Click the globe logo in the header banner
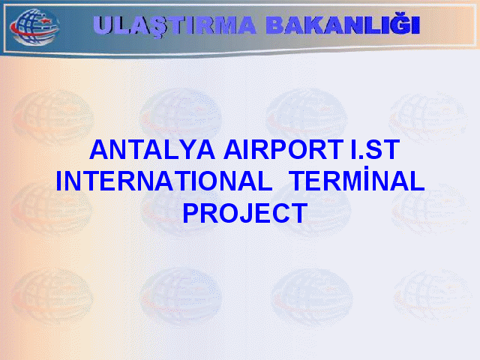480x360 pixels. (34, 27)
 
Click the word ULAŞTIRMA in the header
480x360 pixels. (175, 26)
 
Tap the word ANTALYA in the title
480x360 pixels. (152, 150)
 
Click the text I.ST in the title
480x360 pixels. (375, 150)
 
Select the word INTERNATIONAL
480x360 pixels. (163, 181)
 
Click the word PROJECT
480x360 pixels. (245, 213)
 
